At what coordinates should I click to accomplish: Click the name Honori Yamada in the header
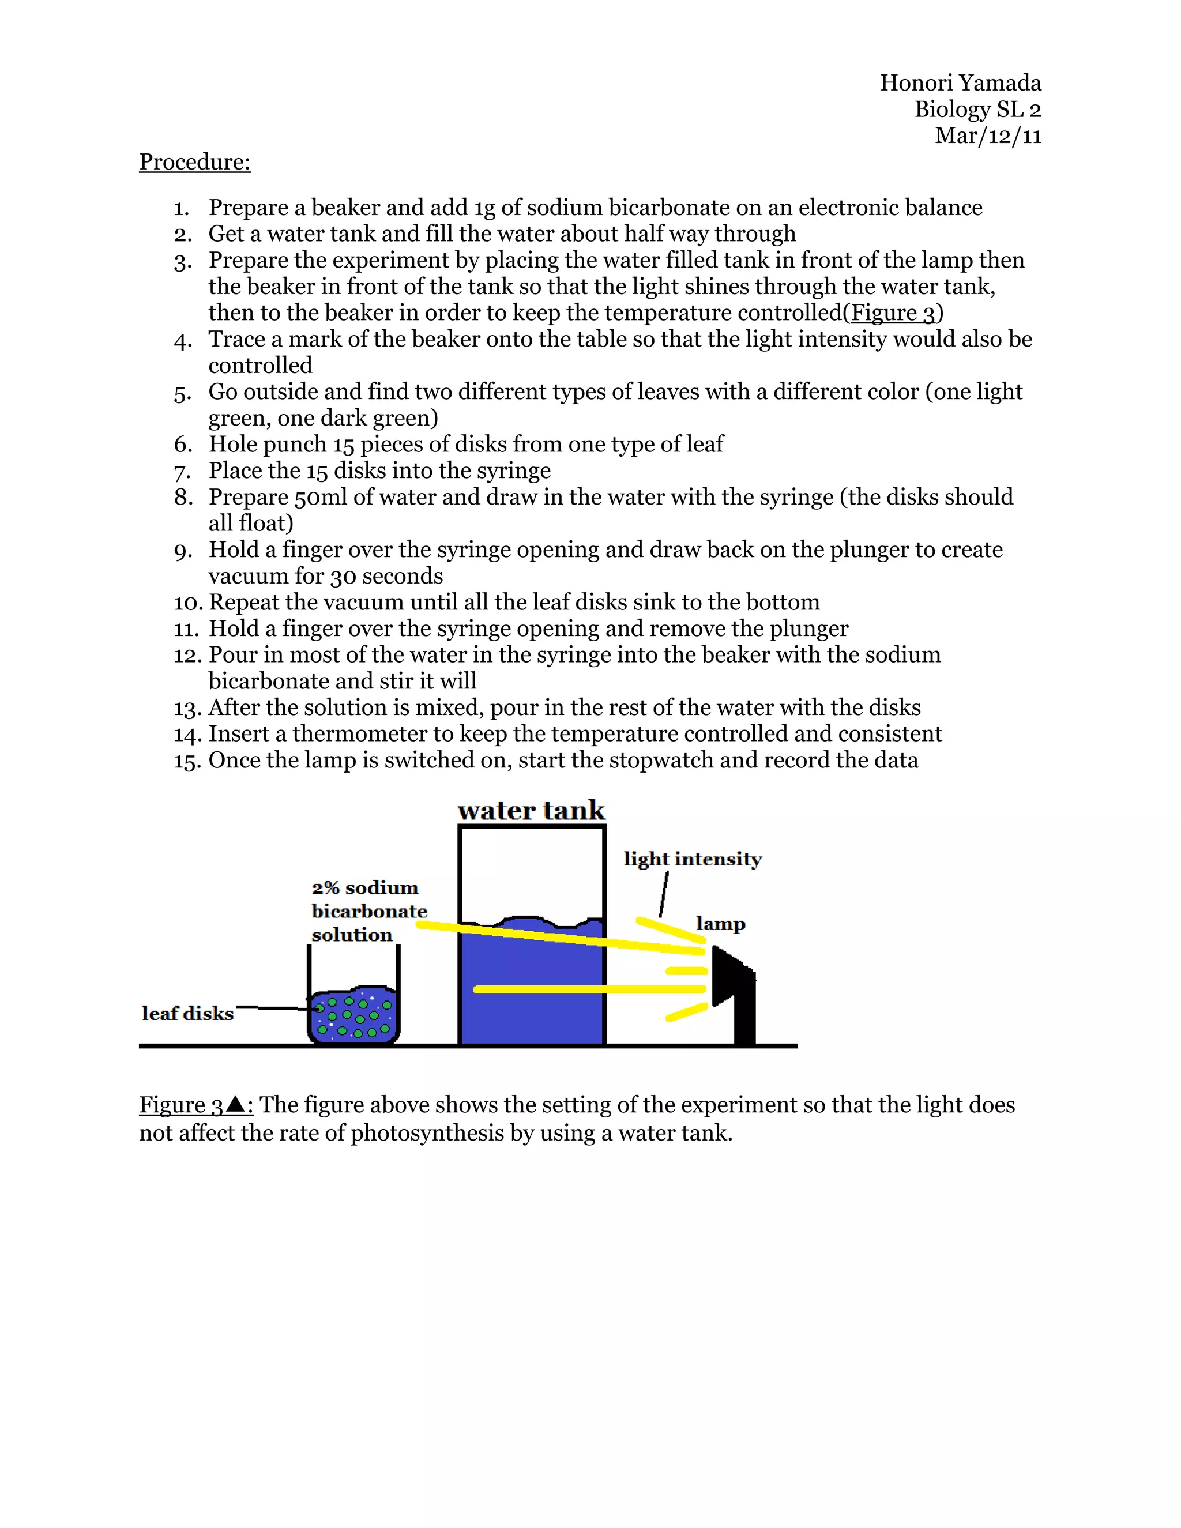click(960, 83)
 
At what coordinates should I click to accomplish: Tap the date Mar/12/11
click(987, 136)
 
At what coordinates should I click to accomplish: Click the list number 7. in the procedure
click(183, 472)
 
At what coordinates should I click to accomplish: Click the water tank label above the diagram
click(531, 811)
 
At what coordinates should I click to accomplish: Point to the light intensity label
click(692, 859)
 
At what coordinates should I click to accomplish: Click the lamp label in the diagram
click(720, 924)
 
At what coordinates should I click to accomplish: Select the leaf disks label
click(187, 1013)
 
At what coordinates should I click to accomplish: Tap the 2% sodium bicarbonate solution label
click(368, 911)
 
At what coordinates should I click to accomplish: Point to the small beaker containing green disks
click(353, 1014)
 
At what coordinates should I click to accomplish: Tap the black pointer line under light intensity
click(663, 893)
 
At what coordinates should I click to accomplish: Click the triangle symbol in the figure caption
click(236, 1105)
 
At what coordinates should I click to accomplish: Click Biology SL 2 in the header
click(977, 110)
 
